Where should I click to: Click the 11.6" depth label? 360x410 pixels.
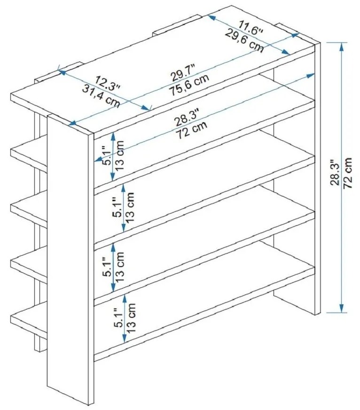point(250,28)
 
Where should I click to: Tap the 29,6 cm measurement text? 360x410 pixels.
point(244,41)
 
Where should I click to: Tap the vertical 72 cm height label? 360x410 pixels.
point(348,173)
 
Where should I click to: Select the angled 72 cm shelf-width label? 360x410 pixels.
point(192,130)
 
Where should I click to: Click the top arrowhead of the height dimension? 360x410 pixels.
point(342,46)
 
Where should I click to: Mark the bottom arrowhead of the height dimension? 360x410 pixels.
point(342,308)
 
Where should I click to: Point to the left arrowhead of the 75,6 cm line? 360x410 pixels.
point(72,123)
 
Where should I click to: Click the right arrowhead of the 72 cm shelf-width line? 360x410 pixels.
point(311,76)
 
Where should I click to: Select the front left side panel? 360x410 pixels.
point(70,259)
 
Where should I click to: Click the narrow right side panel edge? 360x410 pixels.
point(318,178)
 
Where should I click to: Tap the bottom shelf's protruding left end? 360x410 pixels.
point(29,322)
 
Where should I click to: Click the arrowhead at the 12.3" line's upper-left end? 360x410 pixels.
point(62,72)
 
